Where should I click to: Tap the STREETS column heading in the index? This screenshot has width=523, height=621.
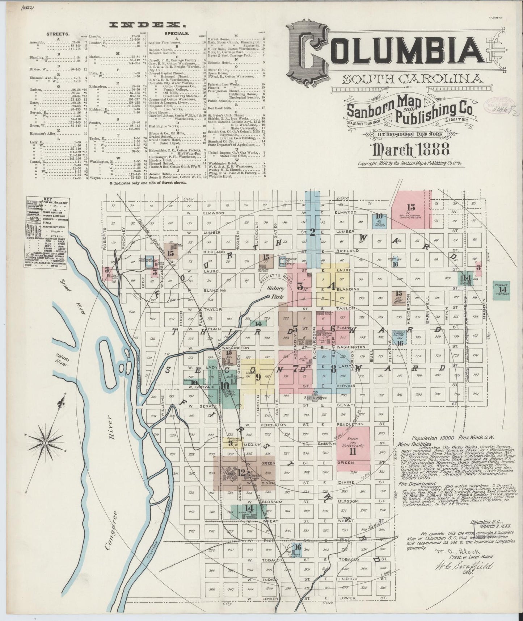(55, 34)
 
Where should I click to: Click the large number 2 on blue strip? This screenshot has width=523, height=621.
(312, 233)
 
